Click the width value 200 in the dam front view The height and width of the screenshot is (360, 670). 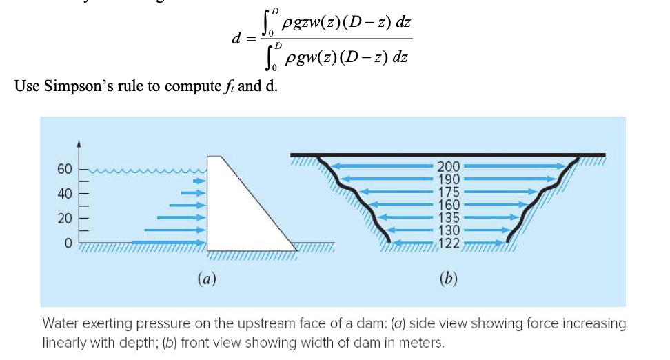pos(449,166)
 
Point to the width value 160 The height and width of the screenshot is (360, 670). pos(449,204)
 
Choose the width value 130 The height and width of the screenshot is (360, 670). pos(449,229)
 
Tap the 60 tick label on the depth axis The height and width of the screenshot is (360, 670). pos(64,169)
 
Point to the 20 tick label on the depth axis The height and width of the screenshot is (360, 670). pos(64,219)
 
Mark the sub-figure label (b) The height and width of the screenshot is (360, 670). pos(448,279)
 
